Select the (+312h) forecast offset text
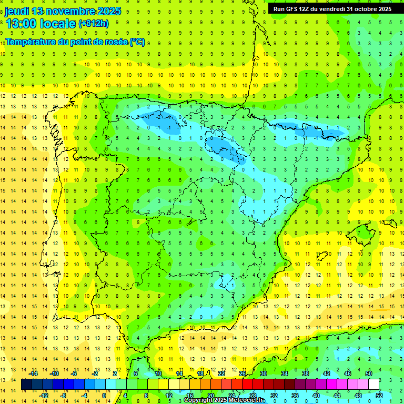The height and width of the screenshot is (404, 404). pyautogui.click(x=94, y=24)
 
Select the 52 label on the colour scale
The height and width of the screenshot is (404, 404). pyautogui.click(x=379, y=395)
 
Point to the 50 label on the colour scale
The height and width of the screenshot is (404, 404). pyautogui.click(x=369, y=373)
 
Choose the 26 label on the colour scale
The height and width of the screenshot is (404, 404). pyautogui.click(x=243, y=373)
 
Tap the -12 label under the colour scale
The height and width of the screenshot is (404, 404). pyautogui.click(x=44, y=395)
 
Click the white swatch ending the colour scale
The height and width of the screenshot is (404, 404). pyautogui.click(x=374, y=385)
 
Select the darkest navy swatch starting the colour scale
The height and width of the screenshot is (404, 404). pyautogui.click(x=26, y=385)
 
